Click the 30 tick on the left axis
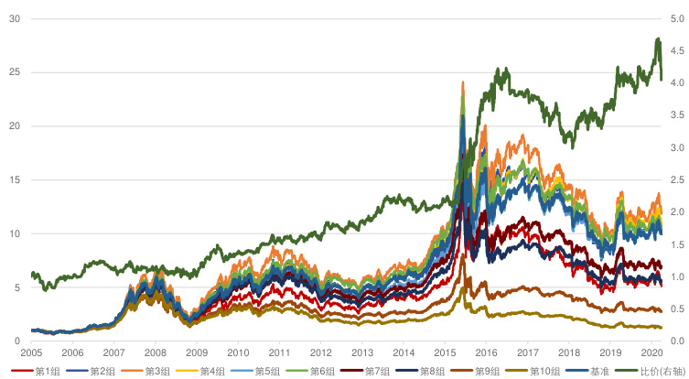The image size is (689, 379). (x=14, y=18)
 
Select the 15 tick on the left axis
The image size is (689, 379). (x=14, y=179)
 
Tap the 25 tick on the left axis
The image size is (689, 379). (x=14, y=72)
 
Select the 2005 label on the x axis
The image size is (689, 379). (x=31, y=352)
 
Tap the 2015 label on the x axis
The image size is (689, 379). (x=445, y=352)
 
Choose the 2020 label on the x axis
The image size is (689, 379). (x=651, y=352)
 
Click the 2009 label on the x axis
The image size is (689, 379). (x=197, y=352)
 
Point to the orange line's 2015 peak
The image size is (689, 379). (x=462, y=83)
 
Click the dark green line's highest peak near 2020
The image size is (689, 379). (x=658, y=39)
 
